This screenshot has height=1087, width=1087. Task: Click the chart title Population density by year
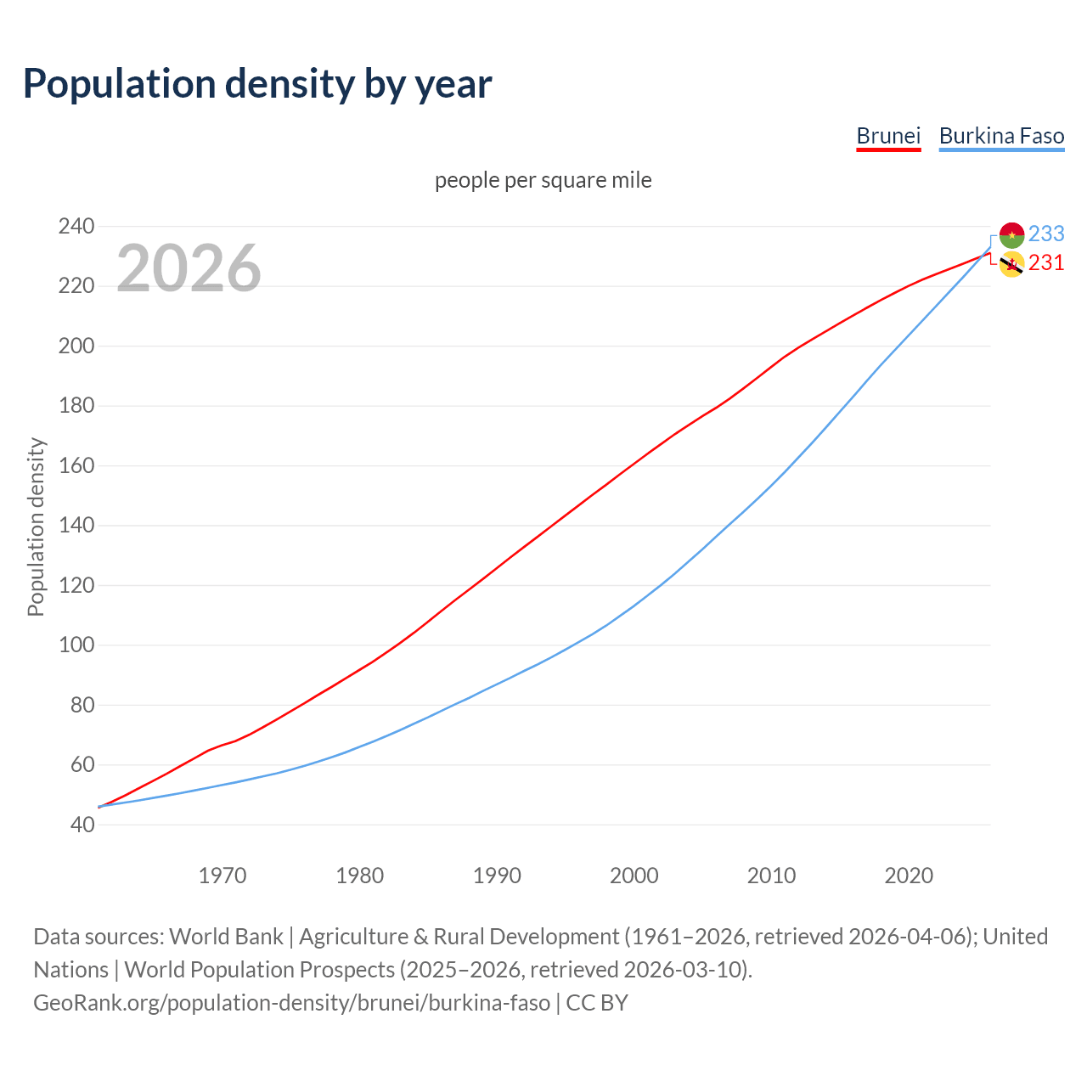(x=257, y=83)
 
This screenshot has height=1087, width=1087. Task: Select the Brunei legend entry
(x=888, y=136)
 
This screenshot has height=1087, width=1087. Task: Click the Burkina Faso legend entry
(x=1001, y=136)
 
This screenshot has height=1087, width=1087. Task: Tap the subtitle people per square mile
(x=543, y=180)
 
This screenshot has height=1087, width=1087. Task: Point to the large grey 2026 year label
(x=189, y=268)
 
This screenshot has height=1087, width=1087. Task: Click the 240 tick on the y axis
(x=76, y=226)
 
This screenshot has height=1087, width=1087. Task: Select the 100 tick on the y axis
(x=76, y=645)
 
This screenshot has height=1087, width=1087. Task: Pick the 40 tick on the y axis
(x=82, y=825)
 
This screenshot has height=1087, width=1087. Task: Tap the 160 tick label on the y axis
(x=76, y=465)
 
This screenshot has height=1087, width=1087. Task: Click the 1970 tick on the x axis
(x=222, y=875)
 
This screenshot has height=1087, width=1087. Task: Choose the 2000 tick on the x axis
(x=634, y=875)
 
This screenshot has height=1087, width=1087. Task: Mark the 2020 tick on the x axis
(x=909, y=875)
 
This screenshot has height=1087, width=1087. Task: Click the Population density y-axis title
(x=36, y=527)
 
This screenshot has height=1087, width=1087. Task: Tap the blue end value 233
(x=1046, y=234)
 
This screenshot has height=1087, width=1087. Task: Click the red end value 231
(x=1046, y=263)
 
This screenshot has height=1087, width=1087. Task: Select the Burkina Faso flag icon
(x=1011, y=235)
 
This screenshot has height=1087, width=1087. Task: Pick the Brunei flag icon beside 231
(x=1011, y=265)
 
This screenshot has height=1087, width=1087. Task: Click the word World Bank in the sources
(x=226, y=936)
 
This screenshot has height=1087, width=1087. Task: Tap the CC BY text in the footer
(x=597, y=1002)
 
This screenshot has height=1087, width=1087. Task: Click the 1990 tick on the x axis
(x=497, y=875)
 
